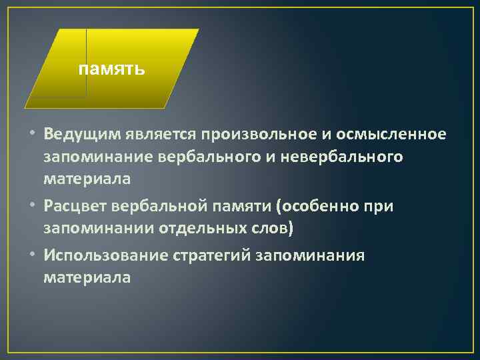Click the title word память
pyautogui.click(x=111, y=69)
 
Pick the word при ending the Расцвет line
pyautogui.click(x=381, y=207)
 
